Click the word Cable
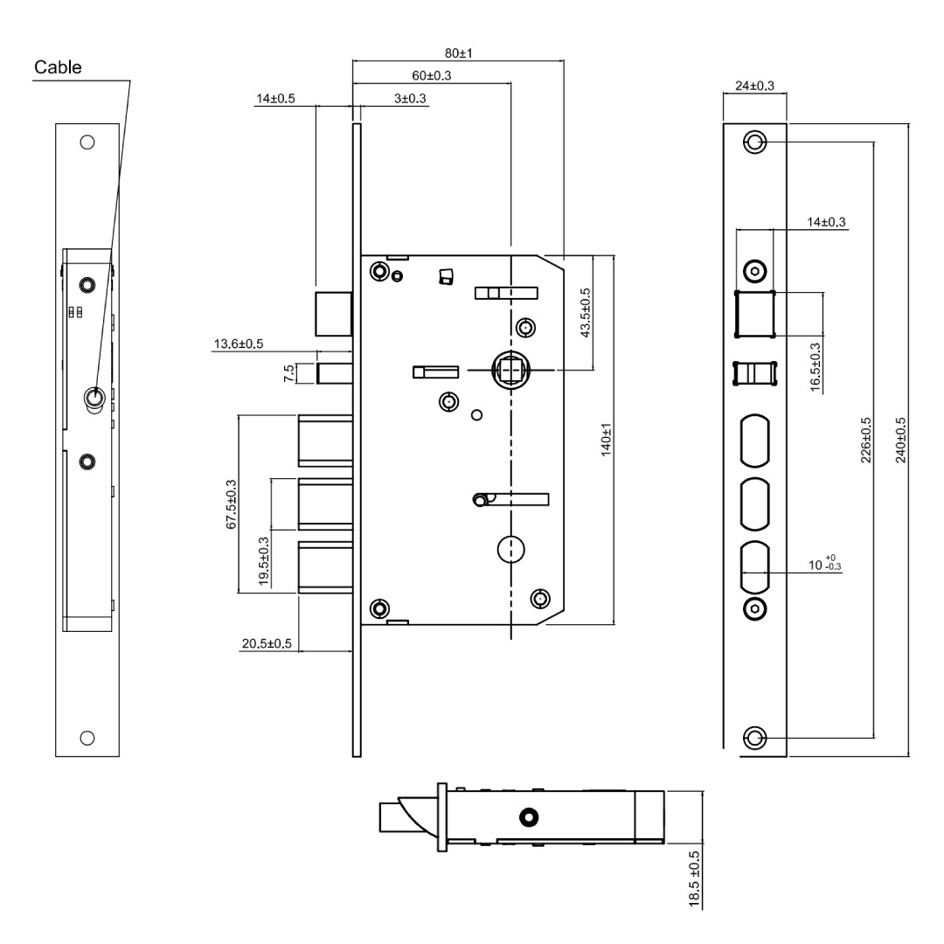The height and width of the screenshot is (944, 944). [x=58, y=66]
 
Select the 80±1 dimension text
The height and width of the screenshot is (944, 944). [x=459, y=53]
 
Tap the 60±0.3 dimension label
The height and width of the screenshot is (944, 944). [x=432, y=75]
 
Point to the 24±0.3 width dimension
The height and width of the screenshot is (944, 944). [x=755, y=86]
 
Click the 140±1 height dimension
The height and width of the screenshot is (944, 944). [x=607, y=440]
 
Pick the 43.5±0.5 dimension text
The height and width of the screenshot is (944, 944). [x=586, y=312]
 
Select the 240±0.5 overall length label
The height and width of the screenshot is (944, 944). [x=900, y=440]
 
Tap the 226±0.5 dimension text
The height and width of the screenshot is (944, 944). [x=866, y=440]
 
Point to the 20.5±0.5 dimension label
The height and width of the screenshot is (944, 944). [x=267, y=643]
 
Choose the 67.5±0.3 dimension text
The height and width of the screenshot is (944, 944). [x=231, y=504]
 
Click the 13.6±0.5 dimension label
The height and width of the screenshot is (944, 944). [x=239, y=344]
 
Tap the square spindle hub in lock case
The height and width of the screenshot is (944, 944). [x=510, y=369]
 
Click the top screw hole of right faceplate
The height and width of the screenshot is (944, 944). [x=755, y=142]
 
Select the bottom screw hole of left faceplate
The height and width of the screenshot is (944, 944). [x=87, y=738]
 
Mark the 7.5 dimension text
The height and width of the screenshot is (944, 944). [x=289, y=372]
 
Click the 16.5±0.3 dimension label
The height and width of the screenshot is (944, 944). [x=816, y=367]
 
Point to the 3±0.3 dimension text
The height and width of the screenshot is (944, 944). [x=410, y=98]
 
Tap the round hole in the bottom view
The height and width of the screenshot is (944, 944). [x=529, y=817]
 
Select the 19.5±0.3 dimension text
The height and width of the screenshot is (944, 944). [x=264, y=561]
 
